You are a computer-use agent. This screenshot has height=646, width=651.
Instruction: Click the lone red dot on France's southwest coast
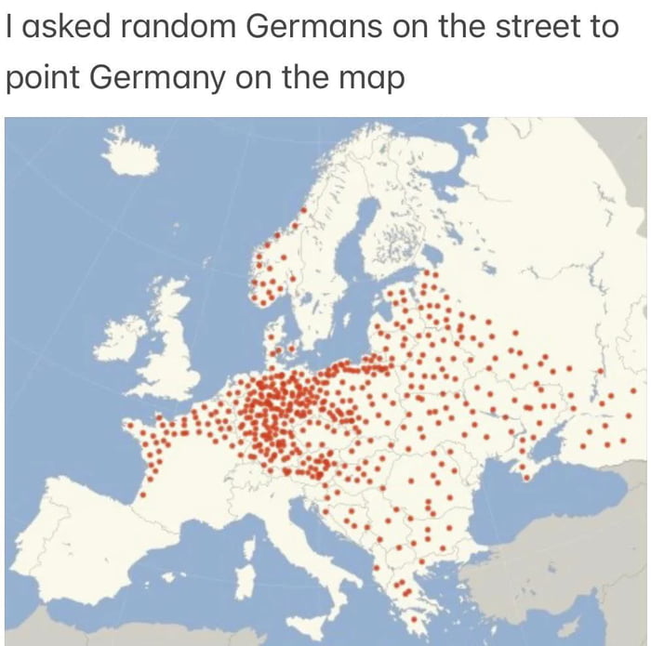tap(142, 494)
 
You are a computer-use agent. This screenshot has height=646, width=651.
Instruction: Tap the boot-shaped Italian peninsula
tap(312, 539)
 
